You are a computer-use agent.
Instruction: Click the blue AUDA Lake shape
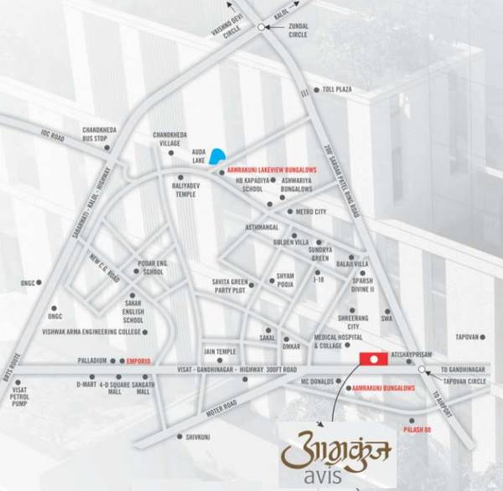pos(217,156)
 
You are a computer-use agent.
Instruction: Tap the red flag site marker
pos(373,359)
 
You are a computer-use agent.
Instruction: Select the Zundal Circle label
pos(298,31)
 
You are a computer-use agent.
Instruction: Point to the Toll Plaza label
pos(338,90)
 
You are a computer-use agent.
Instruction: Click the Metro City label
pos(311,212)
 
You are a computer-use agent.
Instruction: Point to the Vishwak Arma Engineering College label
pos(91,332)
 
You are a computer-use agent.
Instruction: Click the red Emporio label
pos(139,360)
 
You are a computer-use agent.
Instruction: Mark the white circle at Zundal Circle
pos(262,28)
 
